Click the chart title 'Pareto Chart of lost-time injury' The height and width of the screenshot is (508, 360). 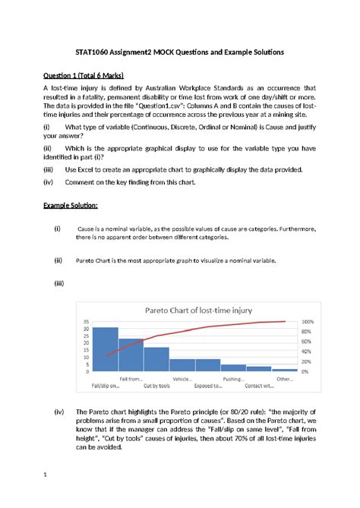pos(187,311)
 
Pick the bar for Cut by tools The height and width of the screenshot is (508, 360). pos(156,359)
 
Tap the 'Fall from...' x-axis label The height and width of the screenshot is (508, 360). pos(131,378)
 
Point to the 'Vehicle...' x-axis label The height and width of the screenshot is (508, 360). pos(182,378)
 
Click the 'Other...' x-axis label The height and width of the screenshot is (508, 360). pos(285,378)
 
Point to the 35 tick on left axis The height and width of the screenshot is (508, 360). pos(85,322)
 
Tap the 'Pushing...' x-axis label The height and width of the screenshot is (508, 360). pos(233,378)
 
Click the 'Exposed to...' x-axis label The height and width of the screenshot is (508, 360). pos(207,386)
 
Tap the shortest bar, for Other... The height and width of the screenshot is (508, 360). pos(285,370)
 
